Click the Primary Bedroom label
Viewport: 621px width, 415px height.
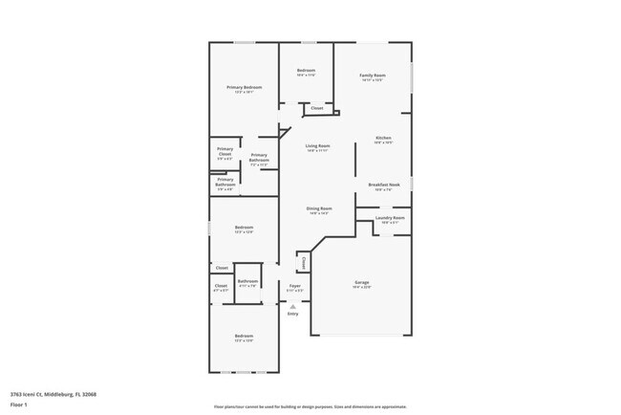244,88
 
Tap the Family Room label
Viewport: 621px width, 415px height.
373,76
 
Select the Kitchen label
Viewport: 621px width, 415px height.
383,139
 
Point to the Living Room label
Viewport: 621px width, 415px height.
317,146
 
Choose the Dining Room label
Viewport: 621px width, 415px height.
319,208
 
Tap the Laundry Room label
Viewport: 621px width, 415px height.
390,218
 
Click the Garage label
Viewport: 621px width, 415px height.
362,283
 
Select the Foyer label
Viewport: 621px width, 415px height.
295,286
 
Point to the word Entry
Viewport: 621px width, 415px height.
293,314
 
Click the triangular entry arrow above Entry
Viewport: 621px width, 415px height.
293,306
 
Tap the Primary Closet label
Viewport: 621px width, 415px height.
225,150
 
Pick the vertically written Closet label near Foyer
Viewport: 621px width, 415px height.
303,261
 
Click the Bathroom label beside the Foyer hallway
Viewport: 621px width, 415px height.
248,281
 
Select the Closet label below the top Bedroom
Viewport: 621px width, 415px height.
316,108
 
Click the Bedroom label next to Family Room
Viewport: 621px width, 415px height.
306,71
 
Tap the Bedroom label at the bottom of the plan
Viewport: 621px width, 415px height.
244,336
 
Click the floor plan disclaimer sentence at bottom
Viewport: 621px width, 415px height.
310,405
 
